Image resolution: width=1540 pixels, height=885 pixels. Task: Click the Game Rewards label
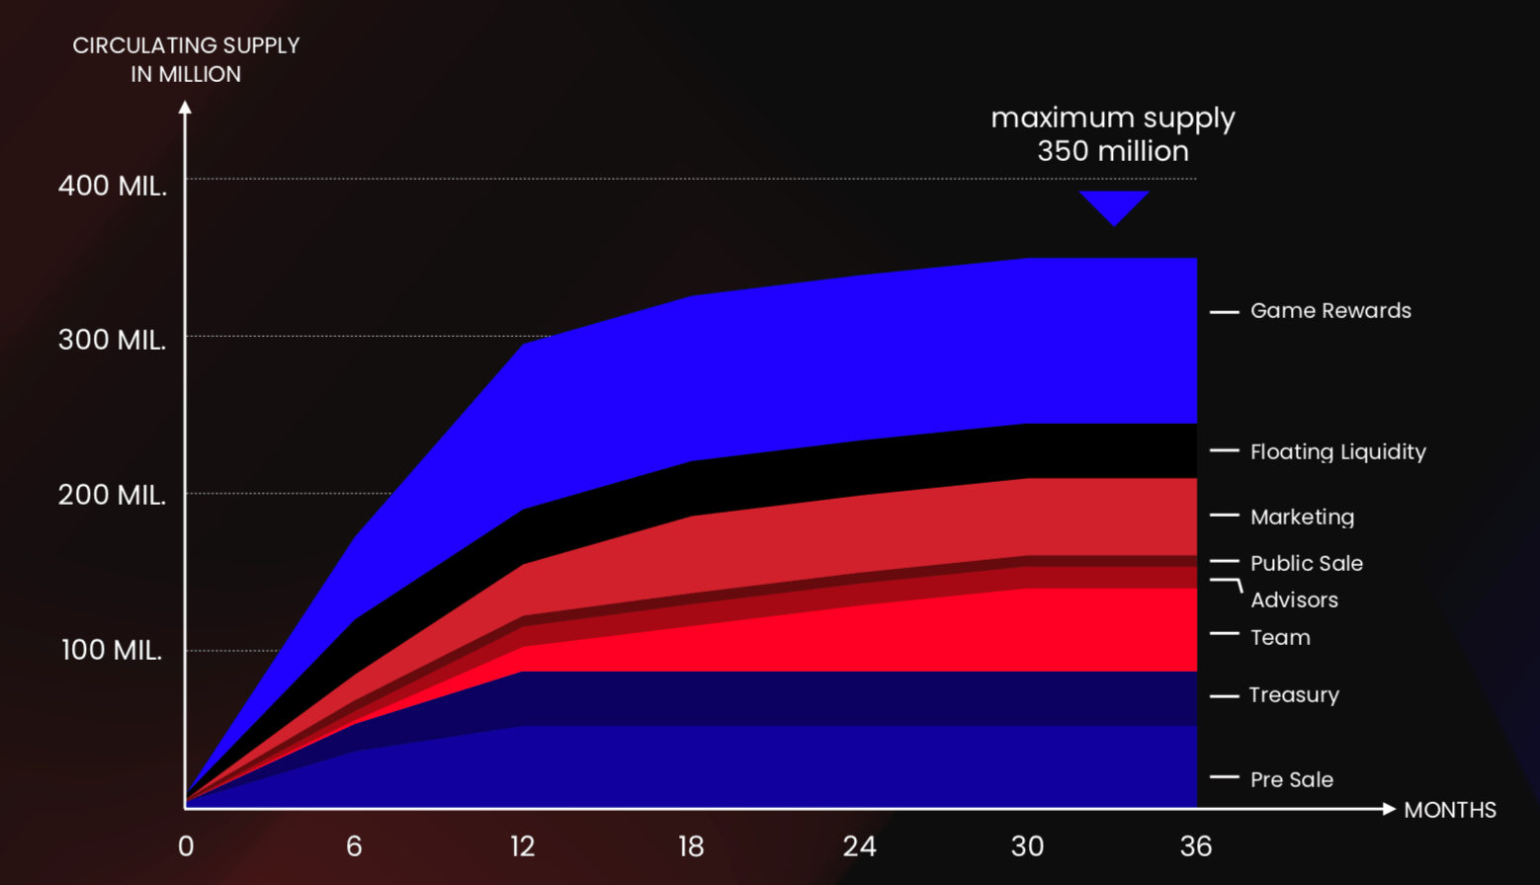pos(1330,311)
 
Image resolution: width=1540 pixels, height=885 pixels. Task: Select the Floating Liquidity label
pos(1337,452)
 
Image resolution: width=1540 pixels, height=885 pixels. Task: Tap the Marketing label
pos(1302,518)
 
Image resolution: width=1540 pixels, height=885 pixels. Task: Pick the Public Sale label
pos(1306,564)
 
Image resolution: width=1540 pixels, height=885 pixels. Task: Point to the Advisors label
pos(1294,601)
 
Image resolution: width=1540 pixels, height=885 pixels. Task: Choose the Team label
pos(1280,638)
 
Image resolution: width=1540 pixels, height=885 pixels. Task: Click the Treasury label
pos(1293,695)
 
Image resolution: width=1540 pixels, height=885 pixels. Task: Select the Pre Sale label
pos(1291,780)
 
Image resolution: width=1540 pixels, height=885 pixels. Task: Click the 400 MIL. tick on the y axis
pos(113,186)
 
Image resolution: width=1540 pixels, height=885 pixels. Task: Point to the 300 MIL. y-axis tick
pos(113,341)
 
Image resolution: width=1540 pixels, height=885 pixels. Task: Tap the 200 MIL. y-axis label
pos(113,496)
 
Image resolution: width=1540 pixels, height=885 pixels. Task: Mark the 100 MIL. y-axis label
pos(113,651)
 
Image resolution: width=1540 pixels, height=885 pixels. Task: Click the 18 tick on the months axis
pos(691,846)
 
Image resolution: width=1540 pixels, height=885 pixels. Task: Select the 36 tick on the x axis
pos(1196,846)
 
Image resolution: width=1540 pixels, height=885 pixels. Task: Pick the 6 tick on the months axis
pos(354,846)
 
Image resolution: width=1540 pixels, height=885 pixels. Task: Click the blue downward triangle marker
pos(1114,205)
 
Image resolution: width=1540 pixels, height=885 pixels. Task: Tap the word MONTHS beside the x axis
pos(1449,811)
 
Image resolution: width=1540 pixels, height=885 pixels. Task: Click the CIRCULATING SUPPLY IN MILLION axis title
pos(186,60)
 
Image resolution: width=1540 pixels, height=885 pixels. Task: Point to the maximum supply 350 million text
pos(1113,134)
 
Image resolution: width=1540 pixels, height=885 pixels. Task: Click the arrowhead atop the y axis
pos(185,107)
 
